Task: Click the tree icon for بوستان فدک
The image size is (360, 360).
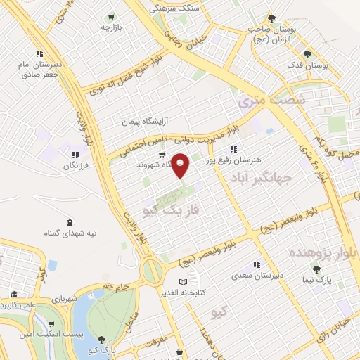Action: [306, 53]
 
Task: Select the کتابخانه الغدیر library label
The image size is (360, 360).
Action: [181, 292]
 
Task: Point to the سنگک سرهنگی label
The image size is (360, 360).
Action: [176, 8]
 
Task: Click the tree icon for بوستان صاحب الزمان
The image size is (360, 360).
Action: [272, 18]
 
